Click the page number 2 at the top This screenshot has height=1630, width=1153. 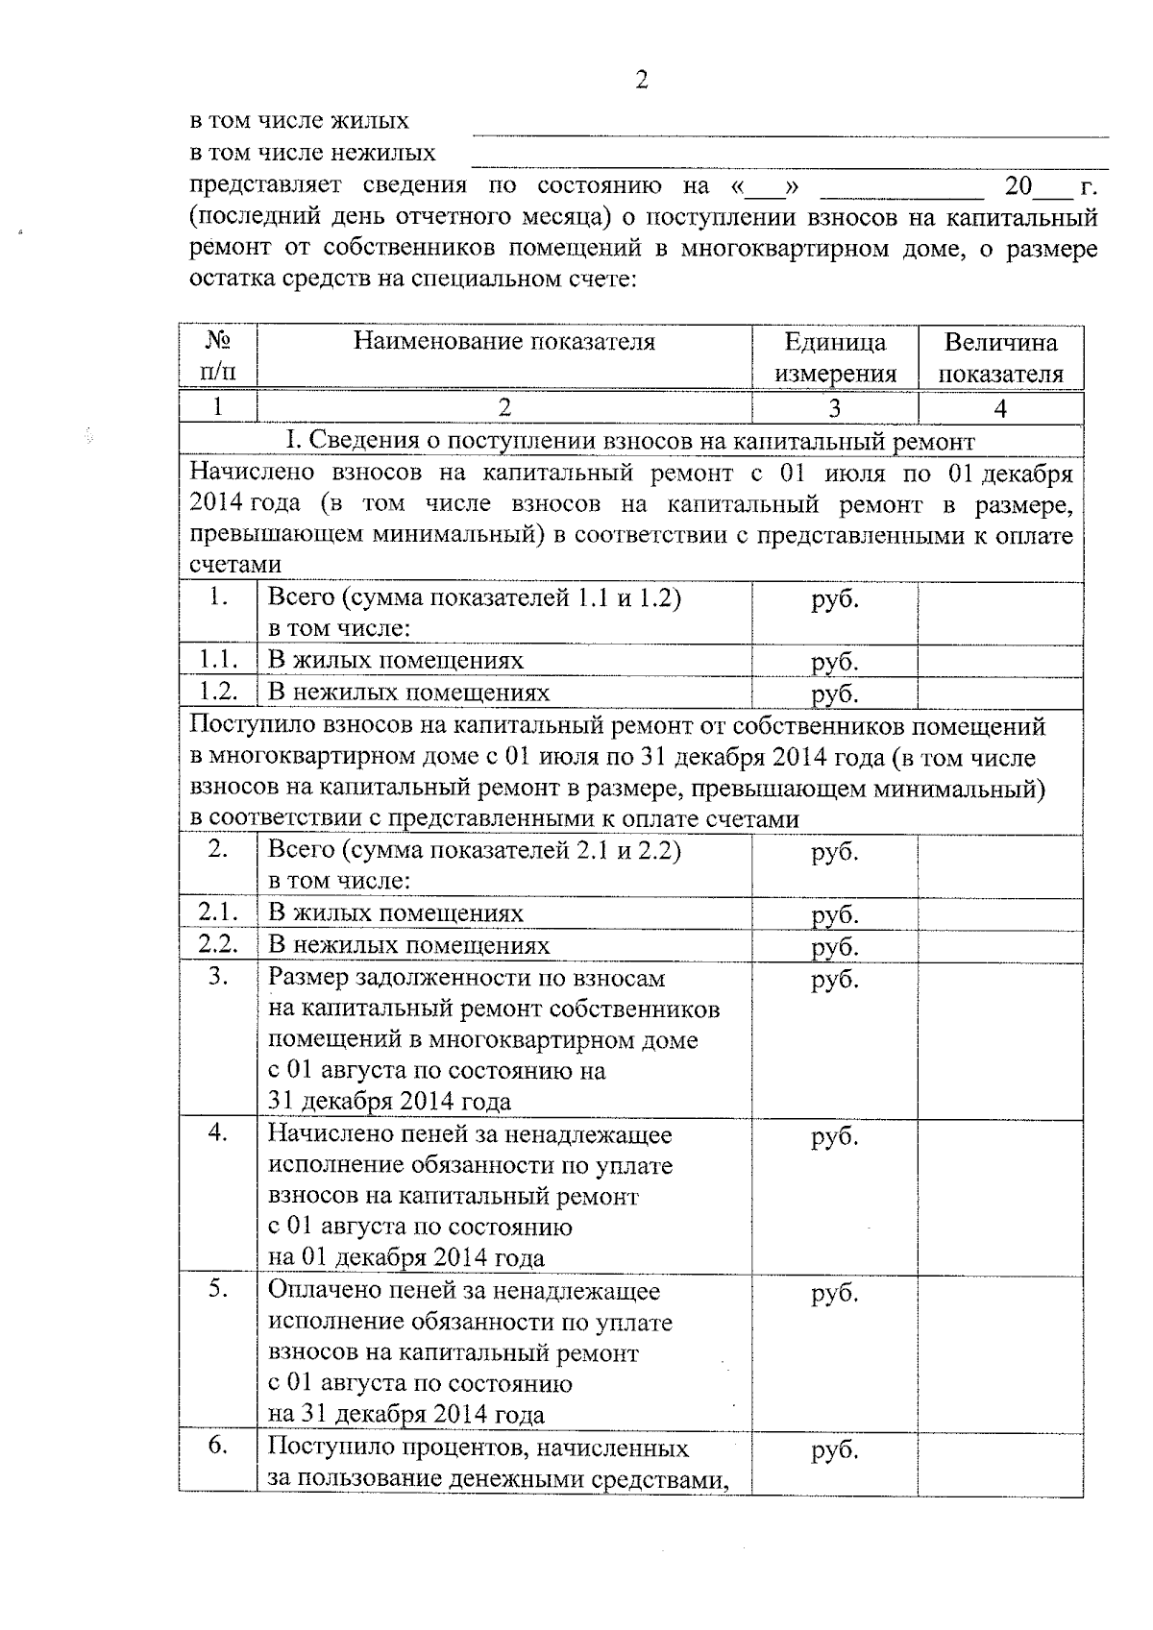(642, 80)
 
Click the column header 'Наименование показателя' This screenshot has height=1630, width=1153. (503, 342)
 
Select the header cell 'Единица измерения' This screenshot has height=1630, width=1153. (834, 357)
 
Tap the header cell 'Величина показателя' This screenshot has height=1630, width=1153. (1000, 357)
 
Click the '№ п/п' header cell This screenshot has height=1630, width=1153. (217, 357)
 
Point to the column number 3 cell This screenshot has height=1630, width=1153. (834, 408)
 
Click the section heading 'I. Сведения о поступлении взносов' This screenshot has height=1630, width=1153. (630, 441)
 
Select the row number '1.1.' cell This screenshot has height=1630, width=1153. (217, 661)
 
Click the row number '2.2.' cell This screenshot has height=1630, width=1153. (217, 945)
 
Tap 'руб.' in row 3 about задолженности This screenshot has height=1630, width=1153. (834, 980)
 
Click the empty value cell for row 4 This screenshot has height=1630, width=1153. (1000, 1195)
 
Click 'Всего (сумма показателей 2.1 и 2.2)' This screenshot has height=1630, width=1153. (475, 851)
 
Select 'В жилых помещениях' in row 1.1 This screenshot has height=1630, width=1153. (396, 661)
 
